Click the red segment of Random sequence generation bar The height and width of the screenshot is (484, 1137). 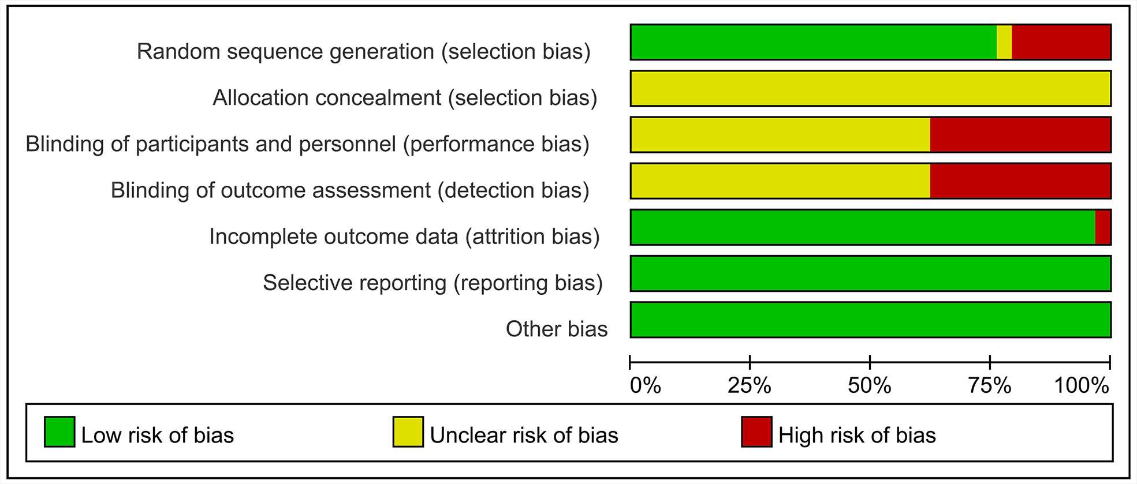(x=1061, y=42)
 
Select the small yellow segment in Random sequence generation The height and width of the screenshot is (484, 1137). (x=1004, y=42)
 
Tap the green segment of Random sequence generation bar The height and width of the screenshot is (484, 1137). (x=814, y=42)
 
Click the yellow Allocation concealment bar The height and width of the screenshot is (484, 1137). (x=871, y=88)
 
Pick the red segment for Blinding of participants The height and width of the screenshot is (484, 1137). (x=1020, y=134)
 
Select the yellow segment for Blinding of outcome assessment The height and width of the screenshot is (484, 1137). (x=781, y=181)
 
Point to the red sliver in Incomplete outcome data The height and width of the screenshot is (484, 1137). (x=1103, y=227)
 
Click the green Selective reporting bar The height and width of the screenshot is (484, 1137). (x=871, y=273)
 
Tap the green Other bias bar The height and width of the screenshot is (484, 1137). (x=871, y=319)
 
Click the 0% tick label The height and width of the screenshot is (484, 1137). (x=646, y=385)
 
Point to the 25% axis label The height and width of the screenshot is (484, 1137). (x=750, y=385)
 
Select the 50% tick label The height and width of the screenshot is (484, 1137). (x=870, y=385)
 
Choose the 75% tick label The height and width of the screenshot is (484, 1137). (x=990, y=385)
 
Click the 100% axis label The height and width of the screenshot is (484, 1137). (x=1082, y=385)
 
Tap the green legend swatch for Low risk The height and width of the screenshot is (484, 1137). (x=59, y=432)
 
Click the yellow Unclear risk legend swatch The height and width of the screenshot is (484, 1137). (x=408, y=432)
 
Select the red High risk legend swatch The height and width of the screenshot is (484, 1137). (x=756, y=432)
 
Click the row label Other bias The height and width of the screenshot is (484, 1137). (x=557, y=329)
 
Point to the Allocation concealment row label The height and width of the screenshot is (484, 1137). (x=405, y=98)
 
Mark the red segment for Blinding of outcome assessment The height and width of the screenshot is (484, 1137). (x=1020, y=181)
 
